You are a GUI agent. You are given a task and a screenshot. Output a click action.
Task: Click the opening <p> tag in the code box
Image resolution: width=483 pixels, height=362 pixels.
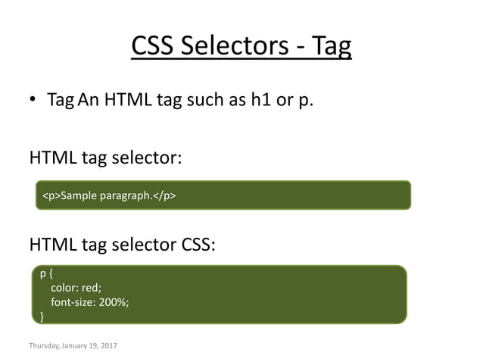tap(50, 195)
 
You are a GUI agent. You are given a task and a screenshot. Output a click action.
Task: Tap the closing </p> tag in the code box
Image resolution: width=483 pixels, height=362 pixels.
tap(164, 195)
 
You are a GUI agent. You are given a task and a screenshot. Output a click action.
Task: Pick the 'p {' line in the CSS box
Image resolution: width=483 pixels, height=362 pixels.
tap(45, 274)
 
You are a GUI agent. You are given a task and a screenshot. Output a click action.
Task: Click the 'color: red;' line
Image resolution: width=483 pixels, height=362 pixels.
tap(76, 288)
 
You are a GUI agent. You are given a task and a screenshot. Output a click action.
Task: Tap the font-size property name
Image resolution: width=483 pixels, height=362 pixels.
tap(73, 301)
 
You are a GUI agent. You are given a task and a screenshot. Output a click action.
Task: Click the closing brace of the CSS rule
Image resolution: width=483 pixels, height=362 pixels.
tap(42, 315)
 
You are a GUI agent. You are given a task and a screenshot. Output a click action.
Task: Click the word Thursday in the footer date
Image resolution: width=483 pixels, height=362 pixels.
tap(45, 346)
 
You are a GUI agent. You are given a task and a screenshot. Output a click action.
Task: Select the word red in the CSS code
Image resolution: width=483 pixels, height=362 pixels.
tap(92, 288)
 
